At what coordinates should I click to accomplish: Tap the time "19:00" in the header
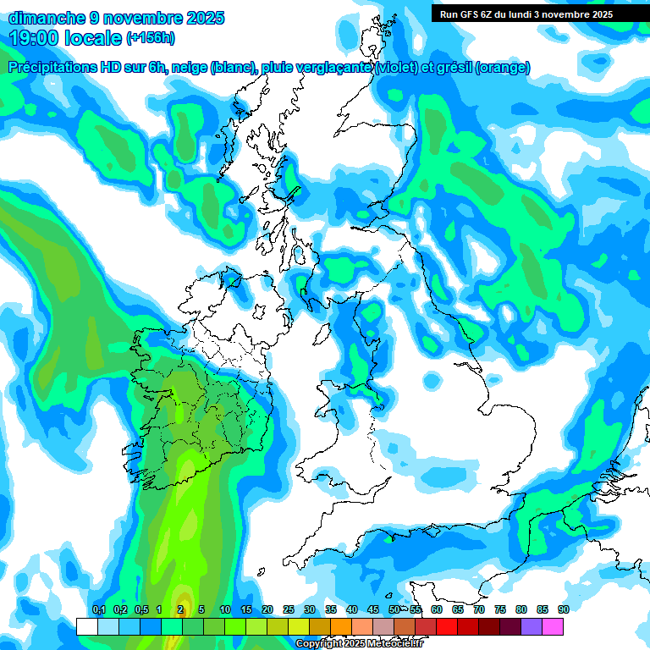[37, 38]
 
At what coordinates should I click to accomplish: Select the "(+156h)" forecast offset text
[151, 38]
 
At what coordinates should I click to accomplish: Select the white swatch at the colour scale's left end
[86, 626]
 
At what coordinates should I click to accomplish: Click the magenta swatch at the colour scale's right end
[553, 626]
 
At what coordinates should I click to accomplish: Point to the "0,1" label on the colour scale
[98, 609]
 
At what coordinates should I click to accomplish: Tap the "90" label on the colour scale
[563, 609]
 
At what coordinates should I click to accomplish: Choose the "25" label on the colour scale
[289, 609]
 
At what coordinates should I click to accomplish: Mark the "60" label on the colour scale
[437, 609]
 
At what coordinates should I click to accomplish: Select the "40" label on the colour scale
[352, 609]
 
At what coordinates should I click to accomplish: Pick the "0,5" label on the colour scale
[140, 609]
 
